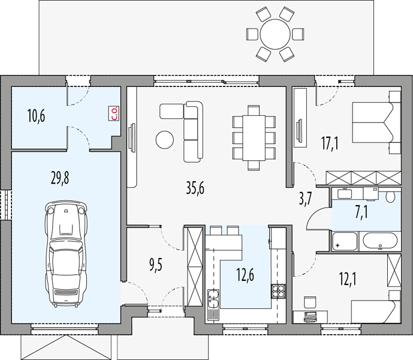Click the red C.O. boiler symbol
[114, 113]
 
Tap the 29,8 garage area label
[60, 177]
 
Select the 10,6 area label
[36, 116]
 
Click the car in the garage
[66, 253]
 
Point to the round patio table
[275, 34]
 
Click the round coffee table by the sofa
[165, 140]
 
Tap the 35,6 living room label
[195, 188]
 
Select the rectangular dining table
[254, 137]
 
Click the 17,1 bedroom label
[330, 144]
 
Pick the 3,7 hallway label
[305, 199]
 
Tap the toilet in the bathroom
[390, 197]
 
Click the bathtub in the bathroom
[380, 241]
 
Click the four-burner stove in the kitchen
[278, 291]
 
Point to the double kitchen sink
[213, 299]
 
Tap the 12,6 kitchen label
[245, 275]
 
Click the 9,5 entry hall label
[156, 265]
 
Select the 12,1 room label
[348, 279]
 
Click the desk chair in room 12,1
[310, 302]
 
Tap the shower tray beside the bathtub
[345, 241]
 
